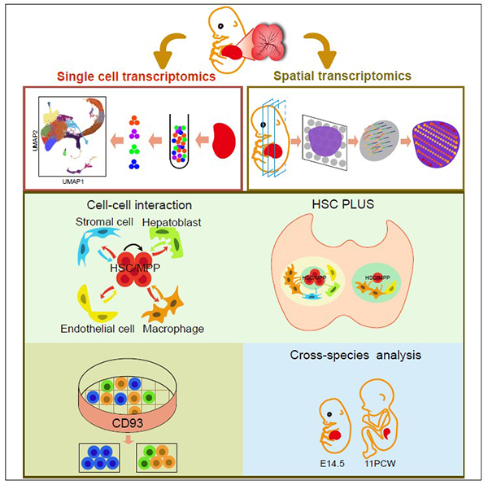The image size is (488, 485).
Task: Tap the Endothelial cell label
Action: (x=71, y=330)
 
